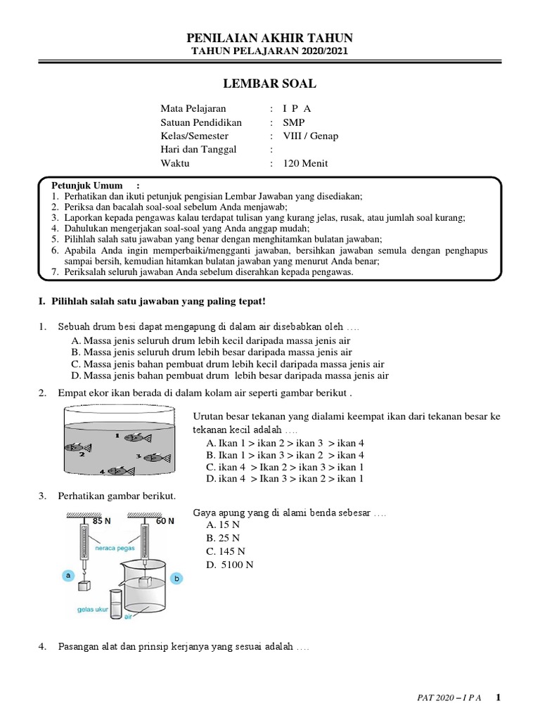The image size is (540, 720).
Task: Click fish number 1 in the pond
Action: point(134,437)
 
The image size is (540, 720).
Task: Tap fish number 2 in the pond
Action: point(78,447)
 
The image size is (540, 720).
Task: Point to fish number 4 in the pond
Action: point(119,470)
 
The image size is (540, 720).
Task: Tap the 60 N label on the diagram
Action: point(165,521)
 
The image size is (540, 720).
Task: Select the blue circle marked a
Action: point(68,575)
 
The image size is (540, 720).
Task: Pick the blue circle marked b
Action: point(177,578)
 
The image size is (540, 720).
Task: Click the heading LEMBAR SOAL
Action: point(269,84)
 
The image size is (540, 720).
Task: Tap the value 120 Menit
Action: point(305,163)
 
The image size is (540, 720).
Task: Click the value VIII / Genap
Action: point(310,136)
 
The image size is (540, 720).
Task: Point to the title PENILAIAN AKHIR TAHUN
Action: point(269,38)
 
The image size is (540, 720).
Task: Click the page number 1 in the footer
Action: point(499,697)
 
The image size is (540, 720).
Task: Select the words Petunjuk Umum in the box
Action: point(82,185)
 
